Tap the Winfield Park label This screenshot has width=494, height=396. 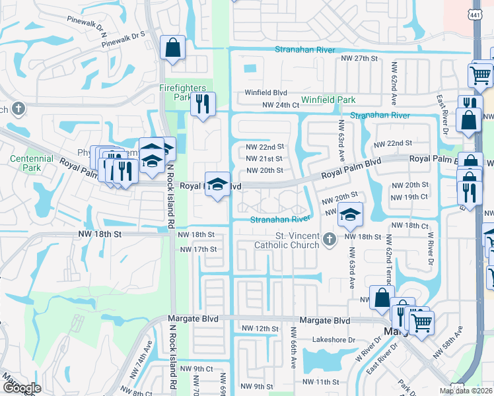(328, 100)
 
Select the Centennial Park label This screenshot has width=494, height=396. (31, 163)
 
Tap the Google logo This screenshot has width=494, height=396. (22, 388)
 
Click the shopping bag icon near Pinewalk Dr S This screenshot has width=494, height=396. (173, 48)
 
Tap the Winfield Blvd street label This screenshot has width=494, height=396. (266, 93)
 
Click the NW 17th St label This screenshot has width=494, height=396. (198, 249)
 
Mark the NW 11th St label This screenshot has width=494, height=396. (320, 382)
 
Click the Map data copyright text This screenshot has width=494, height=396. (466, 391)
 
